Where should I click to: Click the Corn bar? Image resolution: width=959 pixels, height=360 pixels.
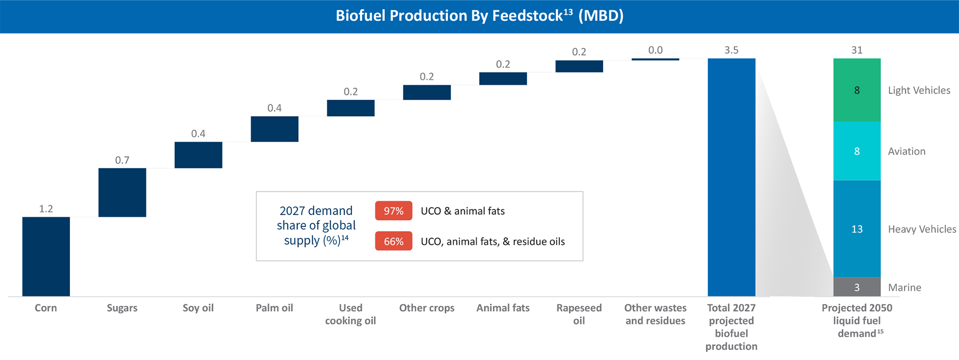point(46,256)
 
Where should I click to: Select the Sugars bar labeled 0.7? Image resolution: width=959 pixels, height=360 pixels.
point(122,192)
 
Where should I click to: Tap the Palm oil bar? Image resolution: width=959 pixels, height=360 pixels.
point(274,129)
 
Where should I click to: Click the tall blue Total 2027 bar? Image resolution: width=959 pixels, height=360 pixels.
point(731,177)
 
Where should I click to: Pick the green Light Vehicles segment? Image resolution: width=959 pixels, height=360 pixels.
point(857,90)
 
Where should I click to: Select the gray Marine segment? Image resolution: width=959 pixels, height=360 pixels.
point(857,287)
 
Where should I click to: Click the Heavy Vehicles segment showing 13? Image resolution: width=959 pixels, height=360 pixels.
point(857,229)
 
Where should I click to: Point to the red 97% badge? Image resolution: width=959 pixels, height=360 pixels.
point(393,211)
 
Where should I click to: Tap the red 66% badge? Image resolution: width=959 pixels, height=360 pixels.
point(393,241)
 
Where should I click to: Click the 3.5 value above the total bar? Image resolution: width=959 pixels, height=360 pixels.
point(731,50)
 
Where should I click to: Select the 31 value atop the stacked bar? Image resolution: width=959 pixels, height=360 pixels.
point(857,50)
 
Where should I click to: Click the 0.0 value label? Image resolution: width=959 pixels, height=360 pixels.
point(655,50)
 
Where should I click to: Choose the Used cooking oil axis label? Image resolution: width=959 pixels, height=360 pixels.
point(351,314)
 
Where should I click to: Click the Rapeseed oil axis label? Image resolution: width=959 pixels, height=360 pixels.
point(579,314)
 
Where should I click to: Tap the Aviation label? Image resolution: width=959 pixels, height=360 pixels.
point(906,151)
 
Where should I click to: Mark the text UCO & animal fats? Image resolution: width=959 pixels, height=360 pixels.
point(462,211)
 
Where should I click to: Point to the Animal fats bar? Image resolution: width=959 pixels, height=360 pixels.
point(503,79)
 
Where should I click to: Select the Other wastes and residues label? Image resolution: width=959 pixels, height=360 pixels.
point(655,314)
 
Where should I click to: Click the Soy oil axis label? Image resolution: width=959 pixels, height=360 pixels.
point(198,308)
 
